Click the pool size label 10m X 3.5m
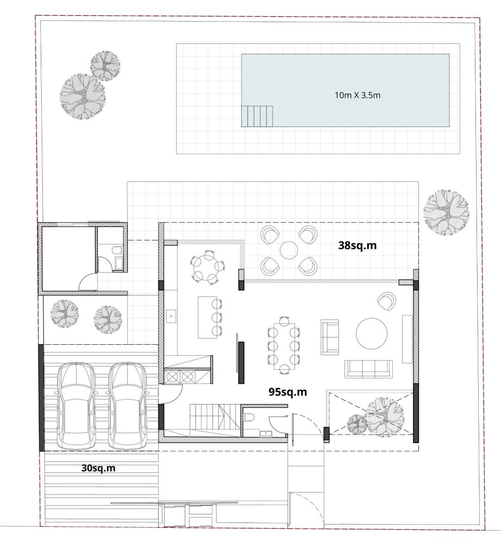pos(357,95)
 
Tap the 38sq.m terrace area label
pos(357,245)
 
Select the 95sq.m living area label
pos(287,392)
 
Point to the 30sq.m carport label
pos(98,468)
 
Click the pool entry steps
pos(257,116)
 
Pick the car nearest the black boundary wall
pos(76,406)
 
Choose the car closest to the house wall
pos(128,406)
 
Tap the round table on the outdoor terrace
pos(289,250)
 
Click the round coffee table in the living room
pos(372,334)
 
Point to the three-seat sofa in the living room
pos(368,369)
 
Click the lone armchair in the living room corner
pos(387,301)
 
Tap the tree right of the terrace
pos(446,212)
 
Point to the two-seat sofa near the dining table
pos(330,337)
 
